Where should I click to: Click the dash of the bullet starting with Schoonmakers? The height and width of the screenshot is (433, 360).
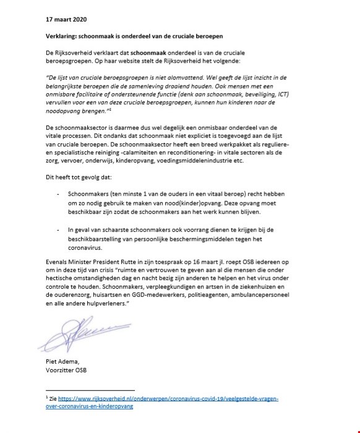58,194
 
